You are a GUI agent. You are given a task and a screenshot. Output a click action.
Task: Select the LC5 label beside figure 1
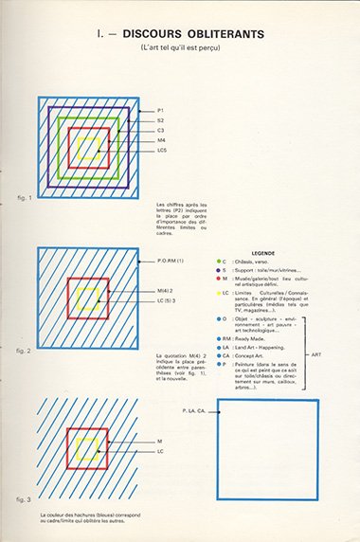163,150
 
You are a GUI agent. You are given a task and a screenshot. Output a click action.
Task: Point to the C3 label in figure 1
161,130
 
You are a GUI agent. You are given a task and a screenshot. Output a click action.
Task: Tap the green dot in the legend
219,261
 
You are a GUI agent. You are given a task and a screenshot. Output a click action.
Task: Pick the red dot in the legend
219,279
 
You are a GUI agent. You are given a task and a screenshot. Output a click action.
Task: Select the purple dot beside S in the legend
219,270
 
